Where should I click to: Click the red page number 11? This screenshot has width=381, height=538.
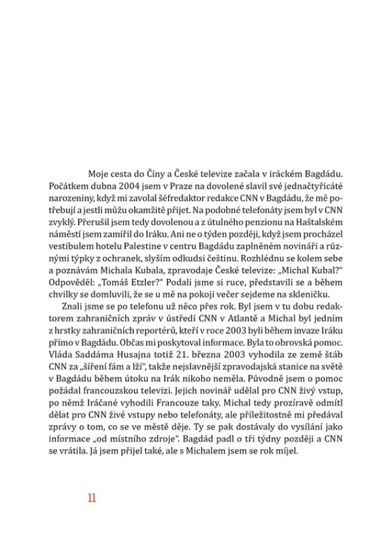(91, 497)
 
